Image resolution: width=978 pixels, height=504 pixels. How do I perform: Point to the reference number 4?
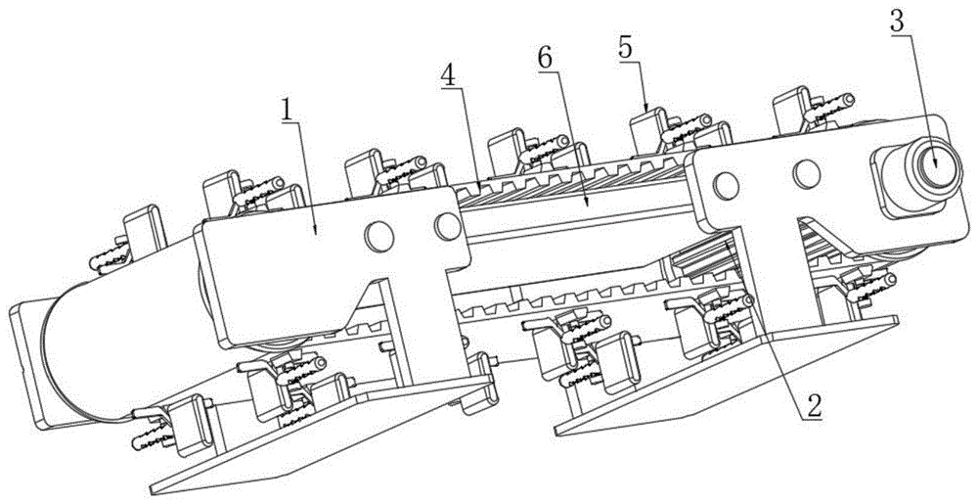click(x=448, y=76)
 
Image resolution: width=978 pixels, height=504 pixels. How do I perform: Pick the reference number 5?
click(x=626, y=49)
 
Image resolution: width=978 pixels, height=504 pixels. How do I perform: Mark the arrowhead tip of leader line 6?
click(x=588, y=205)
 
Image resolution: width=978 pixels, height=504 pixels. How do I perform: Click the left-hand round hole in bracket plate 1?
click(x=378, y=237)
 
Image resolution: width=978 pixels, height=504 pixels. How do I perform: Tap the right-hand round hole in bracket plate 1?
click(x=448, y=226)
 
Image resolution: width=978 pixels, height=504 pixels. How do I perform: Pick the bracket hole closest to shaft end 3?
click(x=806, y=173)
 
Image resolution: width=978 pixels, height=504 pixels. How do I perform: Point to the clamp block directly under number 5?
click(x=648, y=130)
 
